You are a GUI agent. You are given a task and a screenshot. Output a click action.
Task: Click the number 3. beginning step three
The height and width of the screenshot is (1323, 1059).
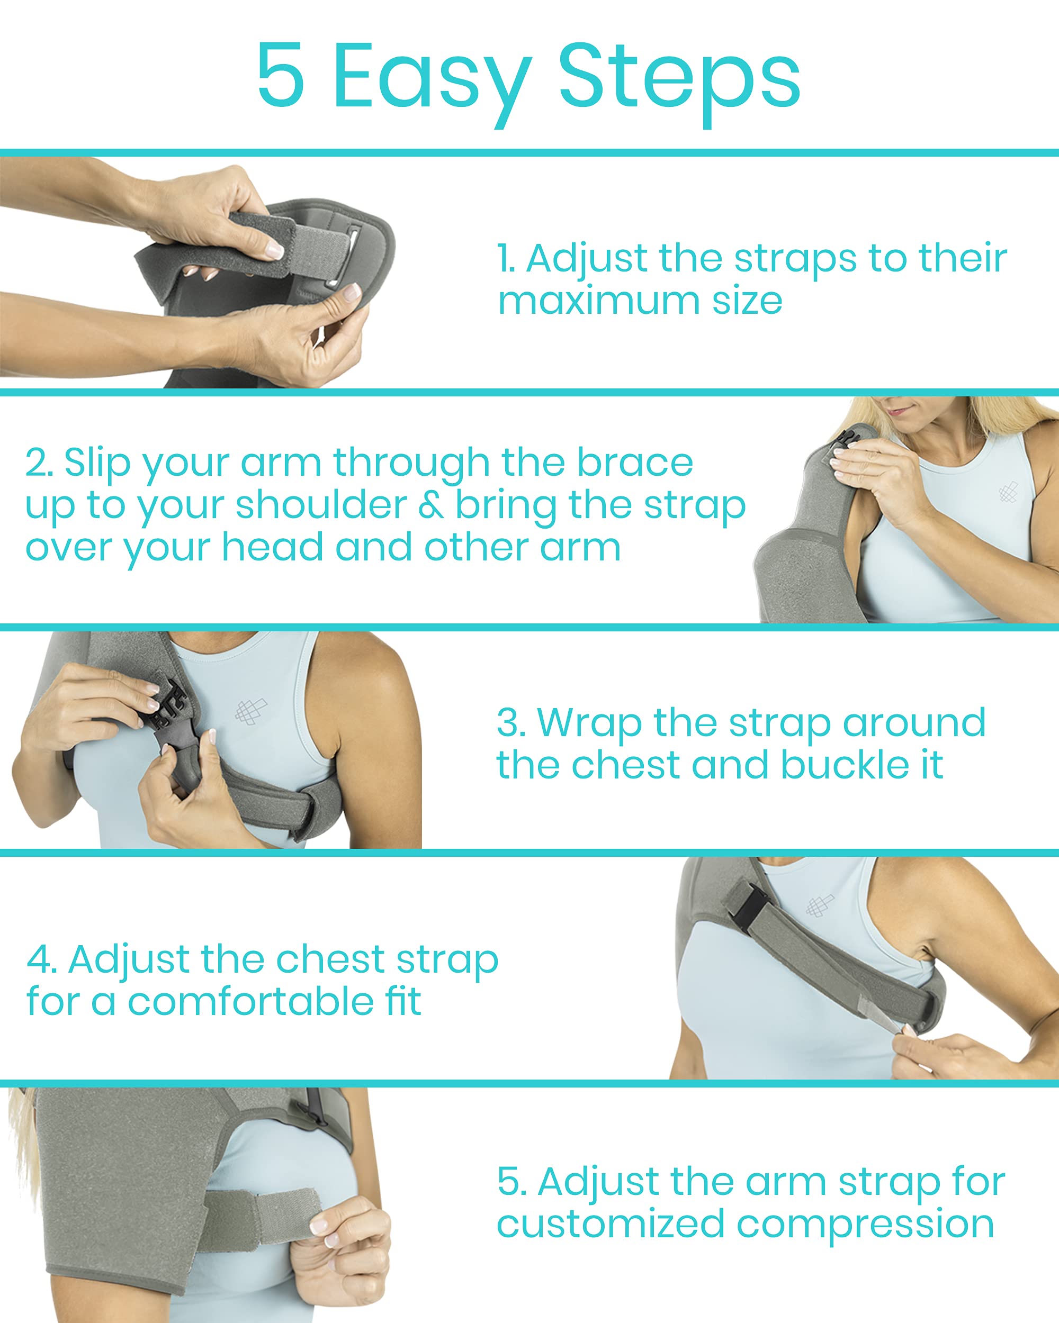tap(511, 722)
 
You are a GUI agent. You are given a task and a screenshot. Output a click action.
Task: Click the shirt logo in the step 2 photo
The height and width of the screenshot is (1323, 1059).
tap(1008, 492)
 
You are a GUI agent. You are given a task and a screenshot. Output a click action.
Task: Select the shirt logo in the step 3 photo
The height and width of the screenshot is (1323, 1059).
tap(250, 711)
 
